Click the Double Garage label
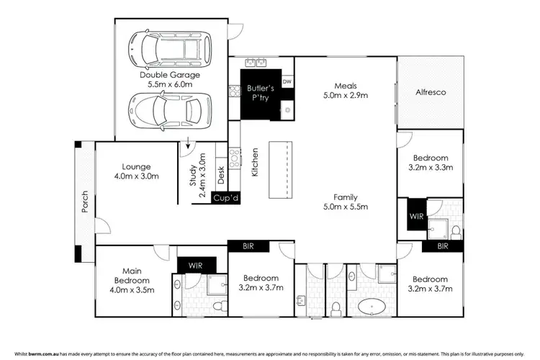(169, 79)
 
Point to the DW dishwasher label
(287, 81)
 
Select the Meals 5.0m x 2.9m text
(346, 90)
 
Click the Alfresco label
(431, 92)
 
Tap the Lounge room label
(135, 171)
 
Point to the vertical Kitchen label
(254, 163)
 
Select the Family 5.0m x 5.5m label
(346, 202)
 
